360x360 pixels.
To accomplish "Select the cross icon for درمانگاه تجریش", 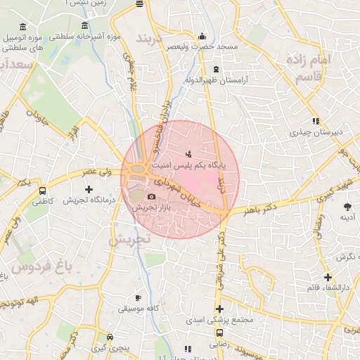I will (x=89, y=189).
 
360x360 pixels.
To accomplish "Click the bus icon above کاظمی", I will (x=43, y=191).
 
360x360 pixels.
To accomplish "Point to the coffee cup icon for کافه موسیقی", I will (x=138, y=298).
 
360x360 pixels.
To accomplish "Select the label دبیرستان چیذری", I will (x=318, y=131).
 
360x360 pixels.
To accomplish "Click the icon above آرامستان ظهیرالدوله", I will (x=215, y=70).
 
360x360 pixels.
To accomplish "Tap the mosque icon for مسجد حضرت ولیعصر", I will (x=202, y=36).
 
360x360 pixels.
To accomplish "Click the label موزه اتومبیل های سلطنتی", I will (x=23, y=40).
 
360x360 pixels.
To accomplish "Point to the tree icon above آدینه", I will (x=347, y=206).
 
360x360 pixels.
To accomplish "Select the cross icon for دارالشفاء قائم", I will (x=328, y=277).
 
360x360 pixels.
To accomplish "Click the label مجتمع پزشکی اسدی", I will (x=220, y=320).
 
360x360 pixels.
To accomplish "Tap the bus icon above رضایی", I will (x=219, y=333).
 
